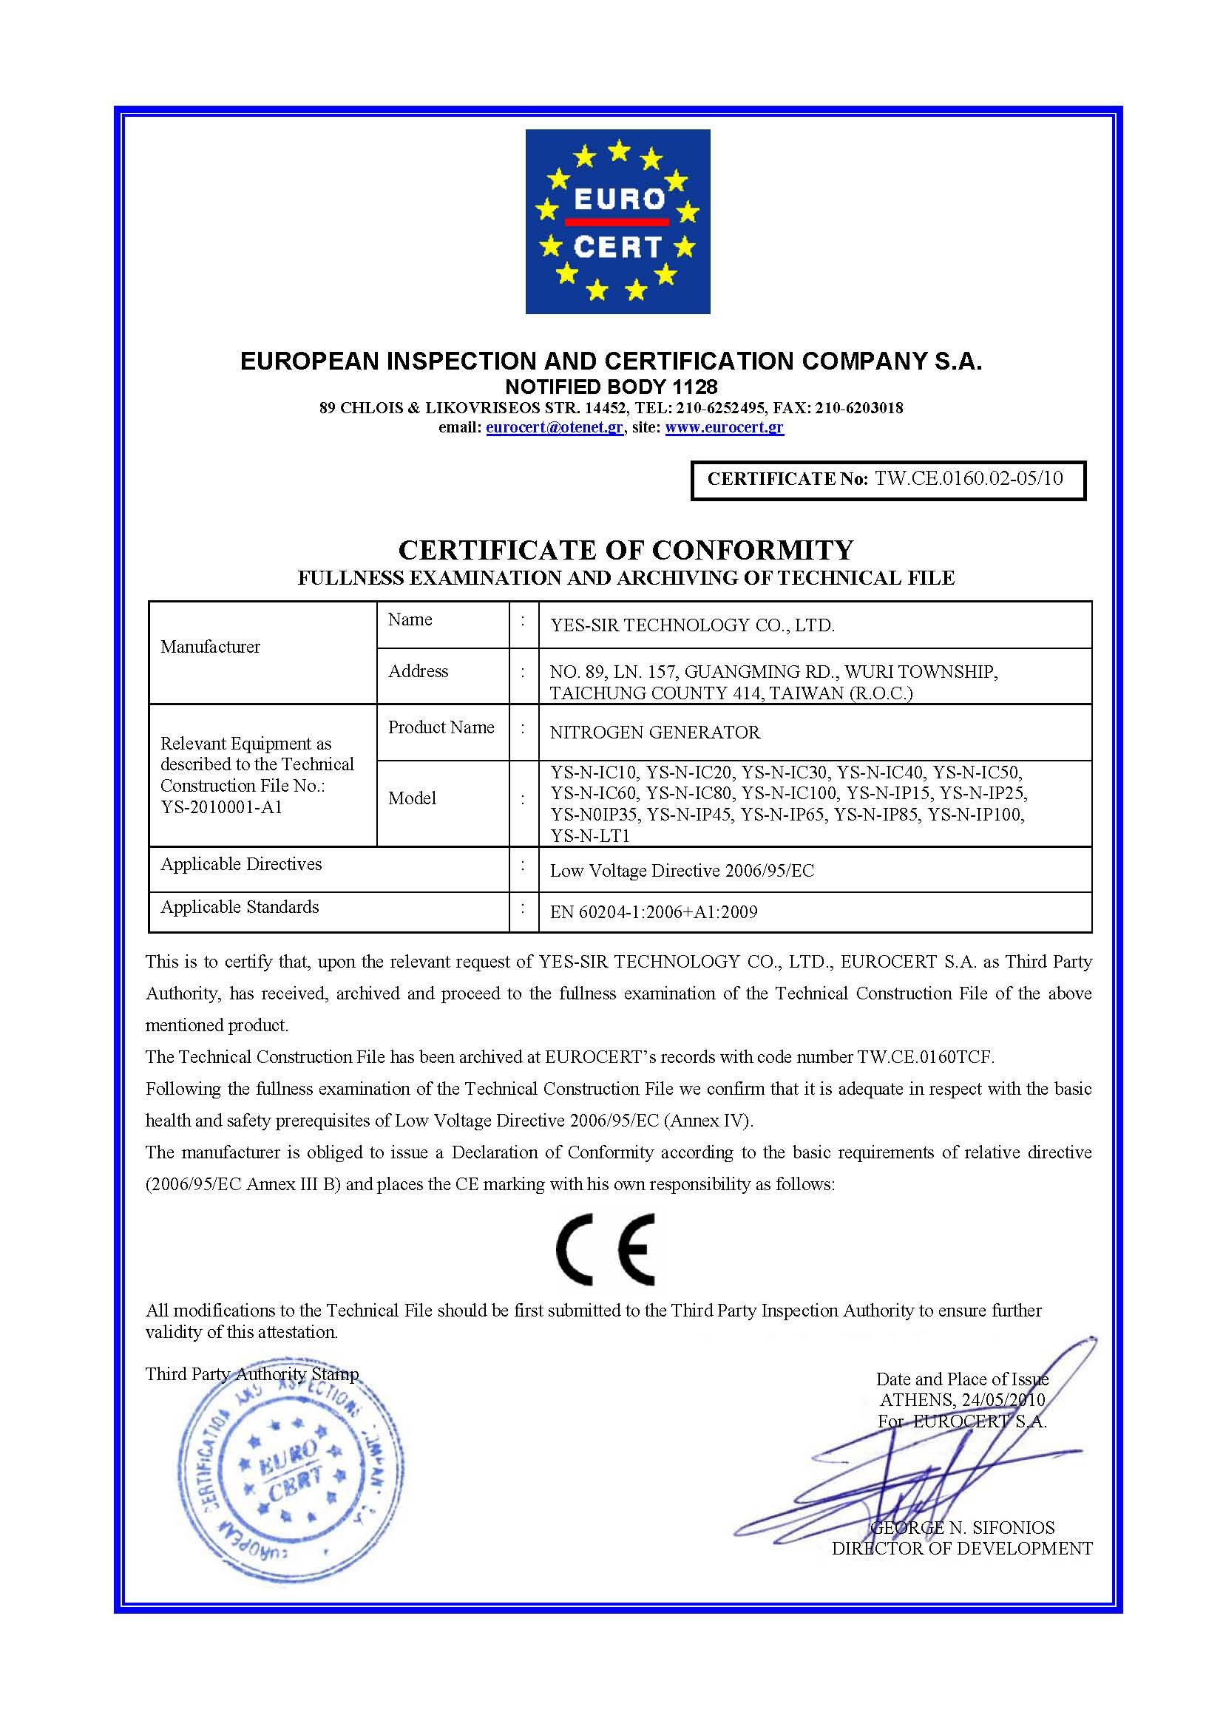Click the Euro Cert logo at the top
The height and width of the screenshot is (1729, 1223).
(617, 222)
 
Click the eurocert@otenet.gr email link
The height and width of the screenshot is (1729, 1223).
(555, 428)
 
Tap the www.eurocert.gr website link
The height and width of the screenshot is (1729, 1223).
(725, 428)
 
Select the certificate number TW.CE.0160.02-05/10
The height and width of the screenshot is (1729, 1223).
(969, 478)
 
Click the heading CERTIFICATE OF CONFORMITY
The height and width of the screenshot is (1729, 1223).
(626, 550)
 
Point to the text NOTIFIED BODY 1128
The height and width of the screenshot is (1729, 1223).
(611, 387)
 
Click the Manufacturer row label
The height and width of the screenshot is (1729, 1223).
(210, 646)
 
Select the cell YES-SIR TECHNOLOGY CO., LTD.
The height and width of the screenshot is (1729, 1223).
(692, 625)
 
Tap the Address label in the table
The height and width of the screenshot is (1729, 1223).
(418, 671)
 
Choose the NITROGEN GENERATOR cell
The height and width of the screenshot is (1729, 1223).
(655, 732)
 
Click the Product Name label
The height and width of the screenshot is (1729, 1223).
(441, 727)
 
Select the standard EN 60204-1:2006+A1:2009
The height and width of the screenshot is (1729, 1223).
(654, 912)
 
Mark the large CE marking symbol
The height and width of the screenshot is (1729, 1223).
(605, 1249)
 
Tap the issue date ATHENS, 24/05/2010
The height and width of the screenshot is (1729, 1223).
(962, 1400)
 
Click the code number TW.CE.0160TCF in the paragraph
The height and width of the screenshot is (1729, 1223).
(925, 1056)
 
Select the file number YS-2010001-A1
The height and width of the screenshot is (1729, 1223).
(221, 807)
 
